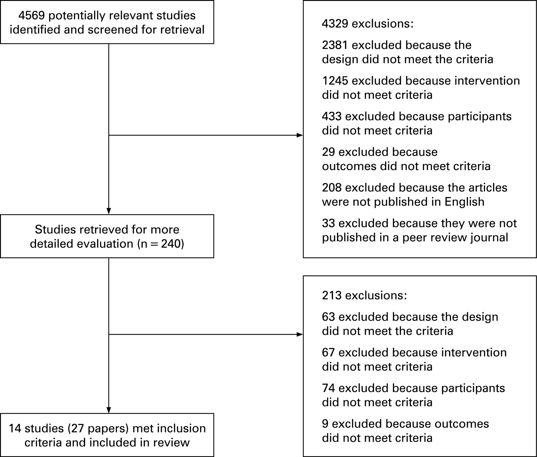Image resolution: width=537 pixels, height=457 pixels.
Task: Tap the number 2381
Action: click(335, 45)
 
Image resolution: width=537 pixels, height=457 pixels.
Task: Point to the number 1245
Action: click(335, 81)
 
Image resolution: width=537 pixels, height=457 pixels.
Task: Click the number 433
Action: click(332, 116)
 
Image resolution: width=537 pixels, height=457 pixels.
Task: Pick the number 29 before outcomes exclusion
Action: click(328, 152)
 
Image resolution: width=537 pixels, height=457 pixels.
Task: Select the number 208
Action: click(332, 188)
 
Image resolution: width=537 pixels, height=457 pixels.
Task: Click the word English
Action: click(464, 202)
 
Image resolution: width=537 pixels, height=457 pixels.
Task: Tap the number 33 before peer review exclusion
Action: click(328, 223)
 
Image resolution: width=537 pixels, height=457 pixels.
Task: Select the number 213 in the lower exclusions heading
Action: click(332, 295)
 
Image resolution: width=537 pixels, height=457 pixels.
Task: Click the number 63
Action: click(328, 317)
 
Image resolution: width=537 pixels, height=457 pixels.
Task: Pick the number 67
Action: click(328, 353)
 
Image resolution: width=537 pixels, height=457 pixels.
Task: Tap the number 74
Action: click(328, 388)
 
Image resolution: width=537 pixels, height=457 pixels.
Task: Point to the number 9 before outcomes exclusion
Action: click(325, 424)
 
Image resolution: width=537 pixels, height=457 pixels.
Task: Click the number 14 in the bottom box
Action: click(15, 428)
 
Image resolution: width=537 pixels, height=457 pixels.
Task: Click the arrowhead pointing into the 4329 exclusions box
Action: click(300, 135)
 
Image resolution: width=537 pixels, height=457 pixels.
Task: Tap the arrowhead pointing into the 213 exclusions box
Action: click(300, 335)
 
